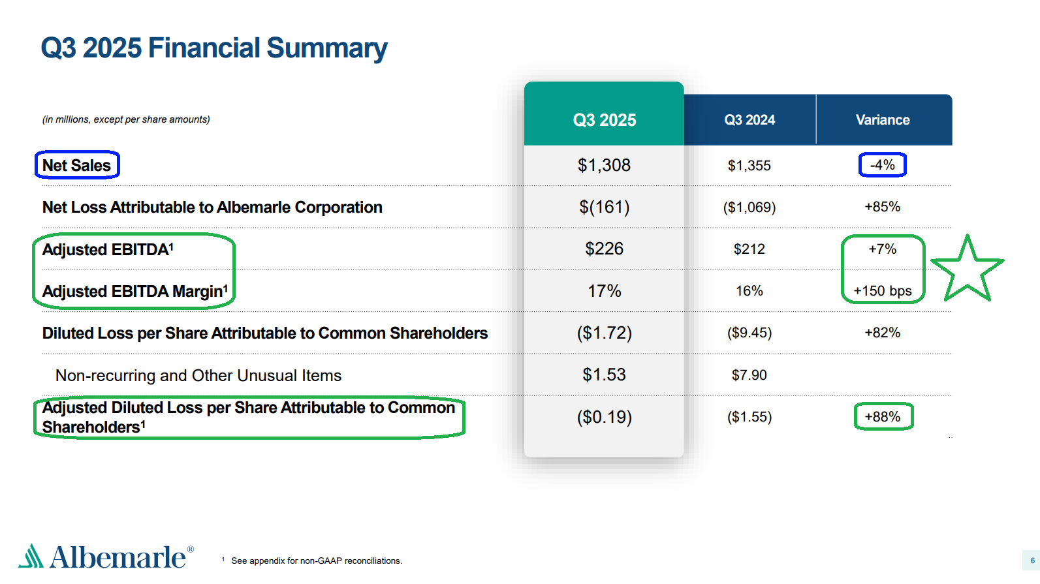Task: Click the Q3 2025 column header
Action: coord(604,120)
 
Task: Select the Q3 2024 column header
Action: coord(749,120)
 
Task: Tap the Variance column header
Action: coord(883,120)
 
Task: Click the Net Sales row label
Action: coord(76,166)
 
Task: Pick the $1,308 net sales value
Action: coord(604,165)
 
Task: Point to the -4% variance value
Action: coord(882,165)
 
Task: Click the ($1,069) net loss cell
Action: coord(749,207)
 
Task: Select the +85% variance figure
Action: coord(882,207)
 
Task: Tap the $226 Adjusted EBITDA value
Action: coord(604,249)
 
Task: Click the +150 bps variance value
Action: coord(882,291)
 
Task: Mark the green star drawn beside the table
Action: coord(967,271)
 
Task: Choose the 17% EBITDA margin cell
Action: coord(604,291)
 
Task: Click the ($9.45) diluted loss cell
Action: coord(749,333)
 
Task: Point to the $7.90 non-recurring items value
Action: coord(749,375)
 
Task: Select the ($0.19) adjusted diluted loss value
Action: coord(604,417)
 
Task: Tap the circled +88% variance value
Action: coord(883,417)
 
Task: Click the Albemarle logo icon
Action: coord(31,556)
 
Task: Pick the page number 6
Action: coord(1032,561)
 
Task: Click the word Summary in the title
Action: coord(326,48)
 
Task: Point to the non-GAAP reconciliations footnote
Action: coord(316,561)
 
